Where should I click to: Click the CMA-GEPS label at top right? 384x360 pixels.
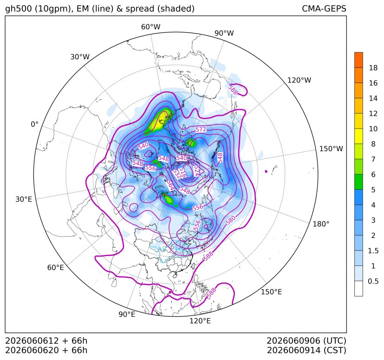[324, 8]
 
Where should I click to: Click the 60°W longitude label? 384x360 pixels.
[150, 27]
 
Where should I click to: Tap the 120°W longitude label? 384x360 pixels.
[299, 80]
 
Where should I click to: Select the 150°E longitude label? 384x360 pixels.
[271, 292]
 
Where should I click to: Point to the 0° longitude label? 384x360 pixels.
[34, 124]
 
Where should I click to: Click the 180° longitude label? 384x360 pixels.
[321, 224]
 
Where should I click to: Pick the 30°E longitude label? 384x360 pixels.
[24, 199]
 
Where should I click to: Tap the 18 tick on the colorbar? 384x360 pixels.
[373, 68]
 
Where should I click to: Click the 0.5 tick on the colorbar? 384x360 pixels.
[373, 281]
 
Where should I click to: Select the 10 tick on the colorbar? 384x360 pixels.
[373, 129]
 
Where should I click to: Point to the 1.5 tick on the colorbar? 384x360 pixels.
[373, 251]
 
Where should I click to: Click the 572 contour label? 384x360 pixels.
[201, 129]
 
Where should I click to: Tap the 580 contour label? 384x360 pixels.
[231, 220]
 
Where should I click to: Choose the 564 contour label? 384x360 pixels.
[170, 185]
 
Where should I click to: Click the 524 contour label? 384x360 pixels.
[196, 171]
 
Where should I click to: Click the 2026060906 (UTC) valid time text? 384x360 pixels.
[306, 341]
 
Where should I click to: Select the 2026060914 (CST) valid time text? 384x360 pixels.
[306, 350]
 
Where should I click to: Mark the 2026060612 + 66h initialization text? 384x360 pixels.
[46, 341]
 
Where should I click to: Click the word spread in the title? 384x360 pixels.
[139, 9]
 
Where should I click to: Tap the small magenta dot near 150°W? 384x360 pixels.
[266, 171]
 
